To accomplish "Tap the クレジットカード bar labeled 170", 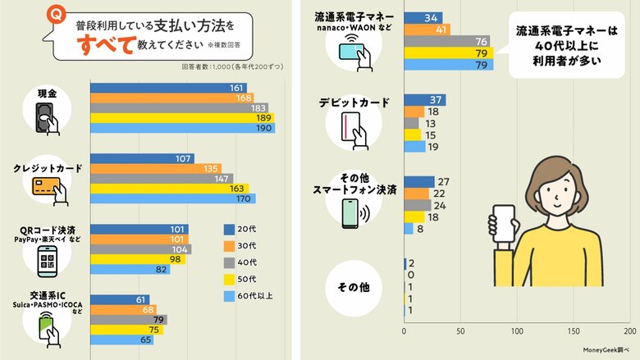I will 172,198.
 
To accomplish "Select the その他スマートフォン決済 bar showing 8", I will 409,229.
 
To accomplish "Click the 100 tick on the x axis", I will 517,332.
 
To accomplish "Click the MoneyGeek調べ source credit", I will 603,351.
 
